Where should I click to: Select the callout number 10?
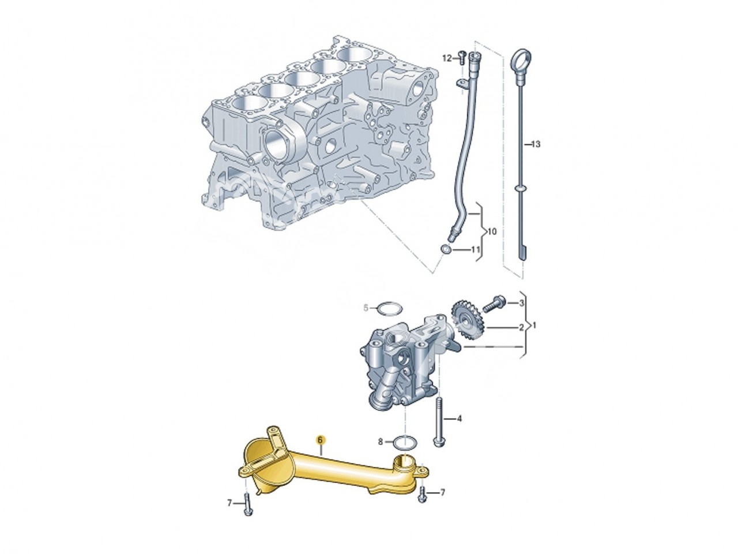pos(491,231)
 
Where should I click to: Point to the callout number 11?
pos(475,250)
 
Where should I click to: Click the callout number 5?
pos(366,309)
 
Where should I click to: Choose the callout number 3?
pos(522,303)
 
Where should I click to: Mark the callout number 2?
pos(522,327)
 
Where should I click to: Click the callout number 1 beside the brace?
pos(536,325)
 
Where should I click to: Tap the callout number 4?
pos(460,418)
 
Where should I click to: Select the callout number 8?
pos(381,441)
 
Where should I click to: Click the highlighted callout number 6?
pos(320,440)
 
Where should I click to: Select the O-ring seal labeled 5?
pos(388,309)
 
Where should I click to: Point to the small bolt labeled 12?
pos(461,57)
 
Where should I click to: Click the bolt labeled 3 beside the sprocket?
pos(495,302)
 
